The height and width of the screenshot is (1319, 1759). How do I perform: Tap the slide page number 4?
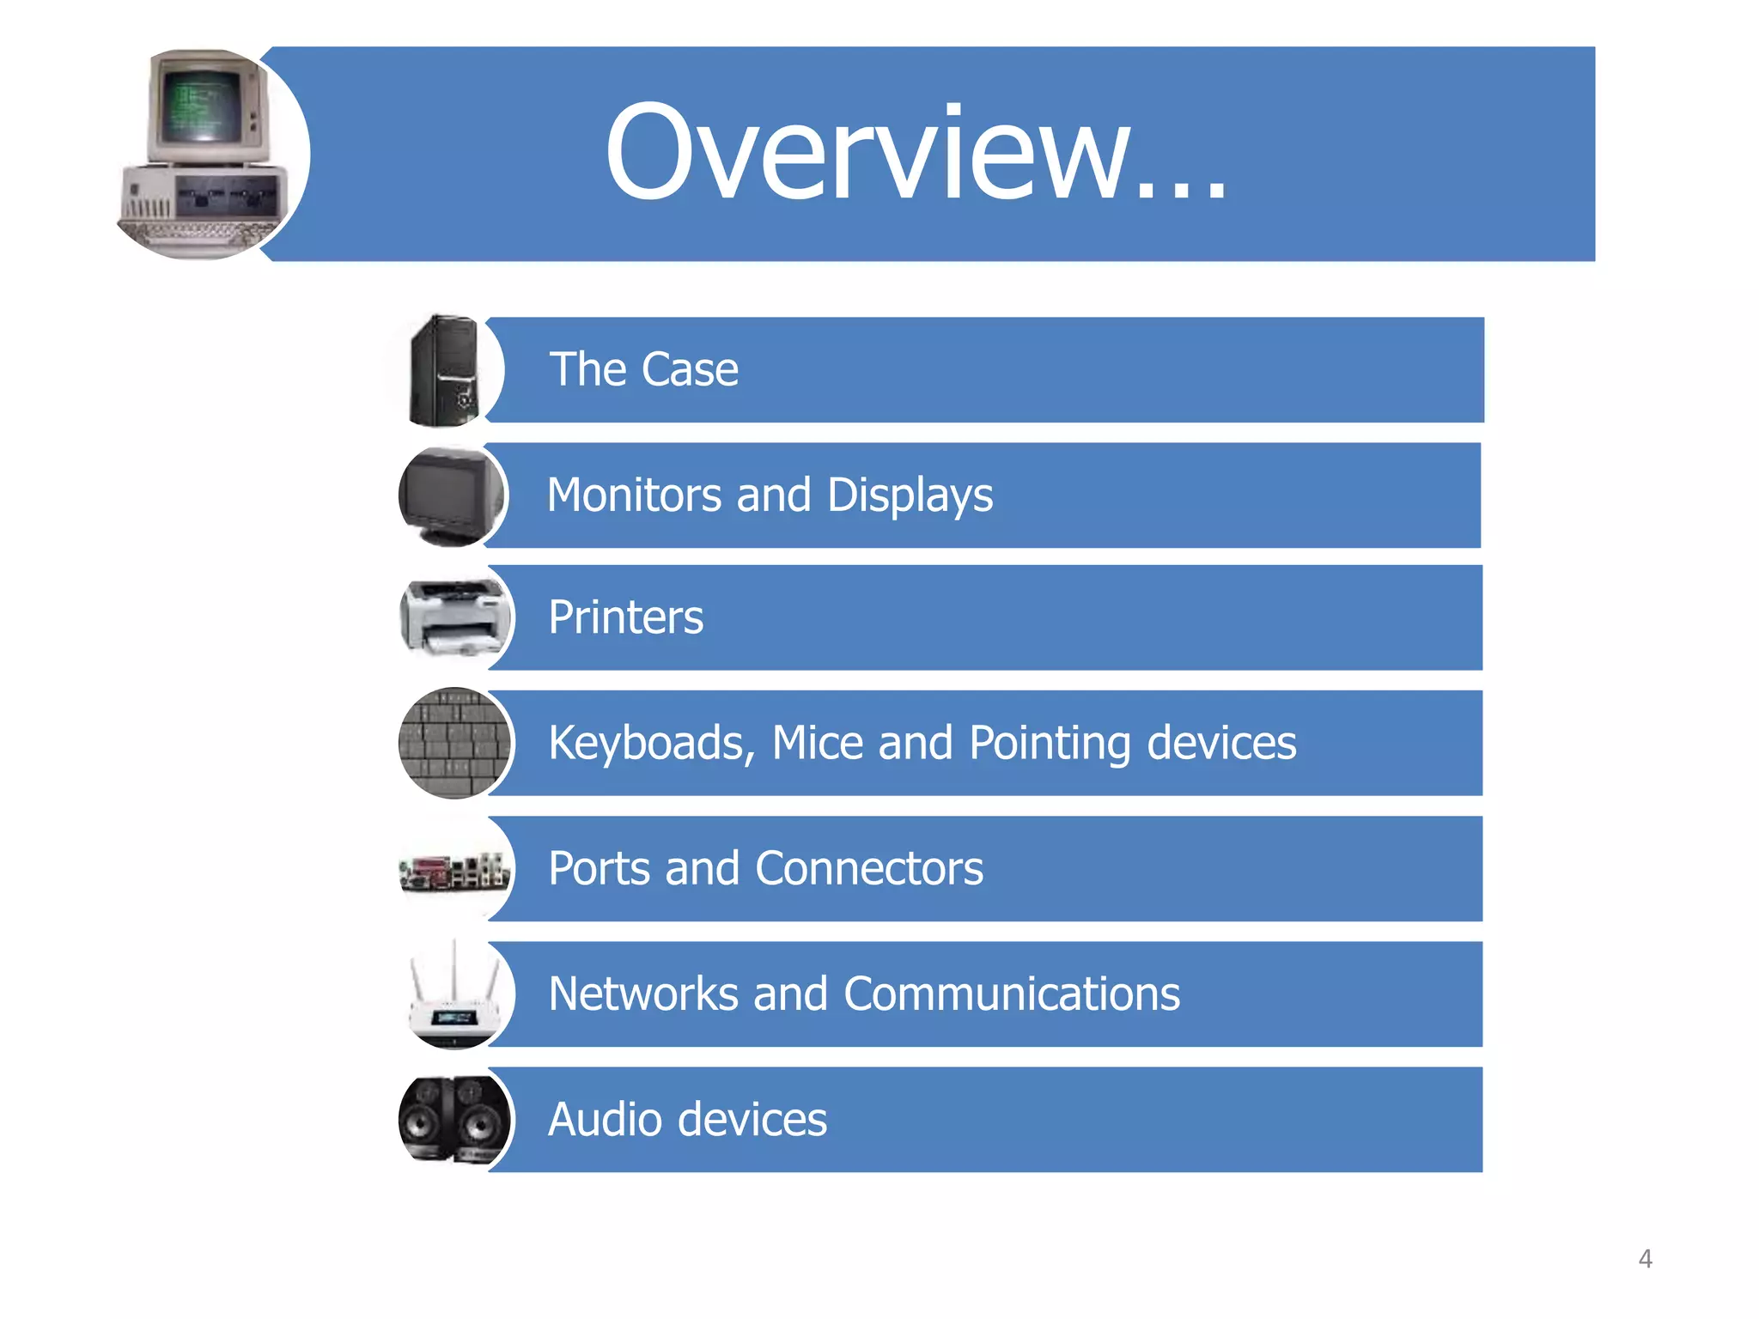point(1645,1259)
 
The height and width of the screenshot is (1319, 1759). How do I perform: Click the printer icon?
point(453,617)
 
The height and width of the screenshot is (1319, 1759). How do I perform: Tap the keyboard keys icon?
point(453,743)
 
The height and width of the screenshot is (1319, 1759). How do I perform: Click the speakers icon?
point(453,1119)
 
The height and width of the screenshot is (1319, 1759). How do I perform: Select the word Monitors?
point(634,495)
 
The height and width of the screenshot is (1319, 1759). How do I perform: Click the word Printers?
point(625,617)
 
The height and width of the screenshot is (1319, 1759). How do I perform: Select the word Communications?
point(1011,994)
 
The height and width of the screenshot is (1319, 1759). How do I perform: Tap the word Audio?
point(605,1120)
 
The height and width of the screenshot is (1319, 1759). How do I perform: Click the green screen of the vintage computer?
point(203,107)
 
